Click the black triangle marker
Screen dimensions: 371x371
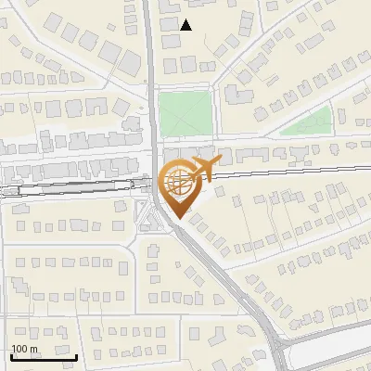tap(185, 25)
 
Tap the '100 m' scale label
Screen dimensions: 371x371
tap(24, 349)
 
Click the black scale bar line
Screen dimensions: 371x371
tap(44, 357)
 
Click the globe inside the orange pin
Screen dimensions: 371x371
tap(178, 183)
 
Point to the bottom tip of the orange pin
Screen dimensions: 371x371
tap(178, 218)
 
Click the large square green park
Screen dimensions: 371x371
tap(185, 113)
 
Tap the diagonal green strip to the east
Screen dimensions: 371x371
tap(306, 122)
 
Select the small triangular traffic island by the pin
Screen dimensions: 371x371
tap(147, 220)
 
